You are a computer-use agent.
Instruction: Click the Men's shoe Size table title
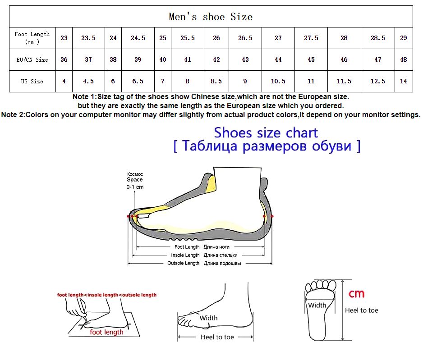211,17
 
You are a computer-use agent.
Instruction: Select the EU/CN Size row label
32,60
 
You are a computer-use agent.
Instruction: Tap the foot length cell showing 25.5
188,38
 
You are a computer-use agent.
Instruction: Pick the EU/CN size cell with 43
245,59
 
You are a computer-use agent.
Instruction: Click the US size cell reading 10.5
278,81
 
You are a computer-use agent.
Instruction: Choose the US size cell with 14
404,81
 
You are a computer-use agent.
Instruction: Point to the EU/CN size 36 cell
64,59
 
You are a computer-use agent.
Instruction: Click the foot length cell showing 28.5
378,38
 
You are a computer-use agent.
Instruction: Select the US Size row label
32,82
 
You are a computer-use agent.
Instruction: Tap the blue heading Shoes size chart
266,132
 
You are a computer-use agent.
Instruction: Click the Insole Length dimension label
185,255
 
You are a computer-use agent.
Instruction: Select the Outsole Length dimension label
183,263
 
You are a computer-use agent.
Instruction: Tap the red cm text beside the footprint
356,293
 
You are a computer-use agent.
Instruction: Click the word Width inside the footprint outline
317,305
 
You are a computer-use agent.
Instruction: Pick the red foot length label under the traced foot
106,332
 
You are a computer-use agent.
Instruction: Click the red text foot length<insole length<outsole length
107,295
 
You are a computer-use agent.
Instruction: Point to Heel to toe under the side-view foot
217,337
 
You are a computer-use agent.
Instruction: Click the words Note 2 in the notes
13,115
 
